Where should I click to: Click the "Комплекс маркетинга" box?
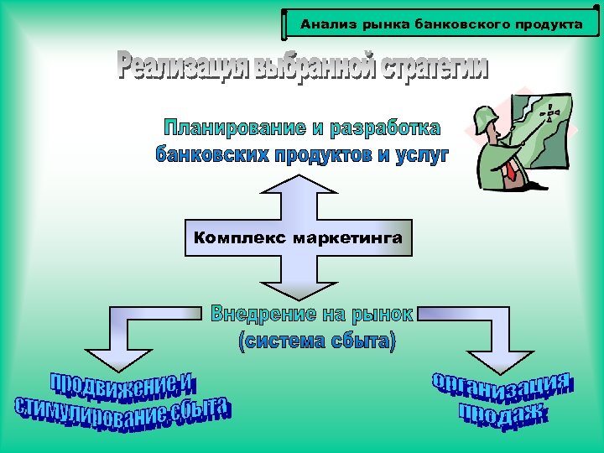click(298, 238)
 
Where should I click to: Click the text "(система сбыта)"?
click(316, 341)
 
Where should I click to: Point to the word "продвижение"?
click(122, 387)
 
